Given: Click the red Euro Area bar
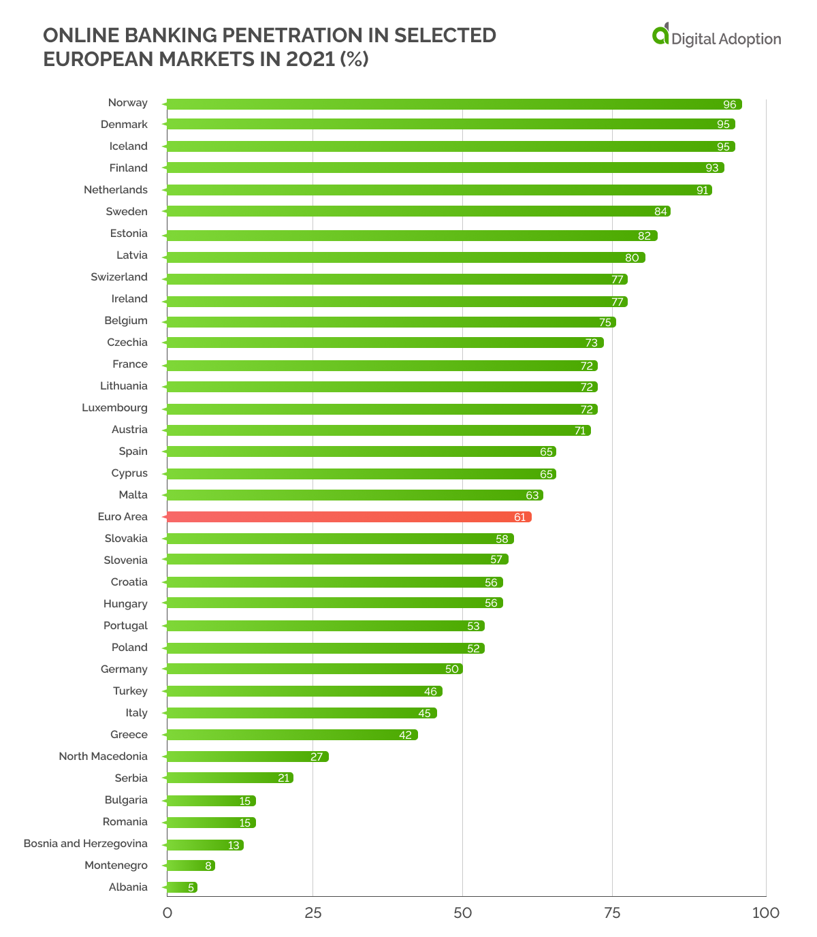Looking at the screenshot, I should click(x=347, y=517).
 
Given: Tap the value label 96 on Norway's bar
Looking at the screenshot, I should click(x=730, y=105).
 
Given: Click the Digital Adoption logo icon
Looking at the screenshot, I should click(x=660, y=34).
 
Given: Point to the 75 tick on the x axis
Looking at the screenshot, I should click(x=612, y=913).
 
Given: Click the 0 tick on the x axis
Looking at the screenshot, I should click(x=167, y=913).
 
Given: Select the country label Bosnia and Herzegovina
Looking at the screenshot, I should click(x=86, y=844).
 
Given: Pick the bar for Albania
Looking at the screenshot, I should click(x=181, y=887).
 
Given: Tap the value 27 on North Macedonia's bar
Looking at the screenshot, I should click(x=317, y=757).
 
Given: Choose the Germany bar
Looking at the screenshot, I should click(x=313, y=669).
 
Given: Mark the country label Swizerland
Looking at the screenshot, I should click(x=119, y=277).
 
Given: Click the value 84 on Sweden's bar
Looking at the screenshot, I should click(x=660, y=212).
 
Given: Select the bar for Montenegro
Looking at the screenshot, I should click(x=190, y=865).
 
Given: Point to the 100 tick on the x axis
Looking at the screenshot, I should click(x=765, y=913).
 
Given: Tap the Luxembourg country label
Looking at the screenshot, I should click(x=114, y=408).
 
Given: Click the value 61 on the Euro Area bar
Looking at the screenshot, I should click(x=520, y=518).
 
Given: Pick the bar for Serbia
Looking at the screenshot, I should click(x=229, y=778).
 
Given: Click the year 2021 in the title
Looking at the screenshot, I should click(x=310, y=59).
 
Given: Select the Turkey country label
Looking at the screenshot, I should click(x=130, y=691).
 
